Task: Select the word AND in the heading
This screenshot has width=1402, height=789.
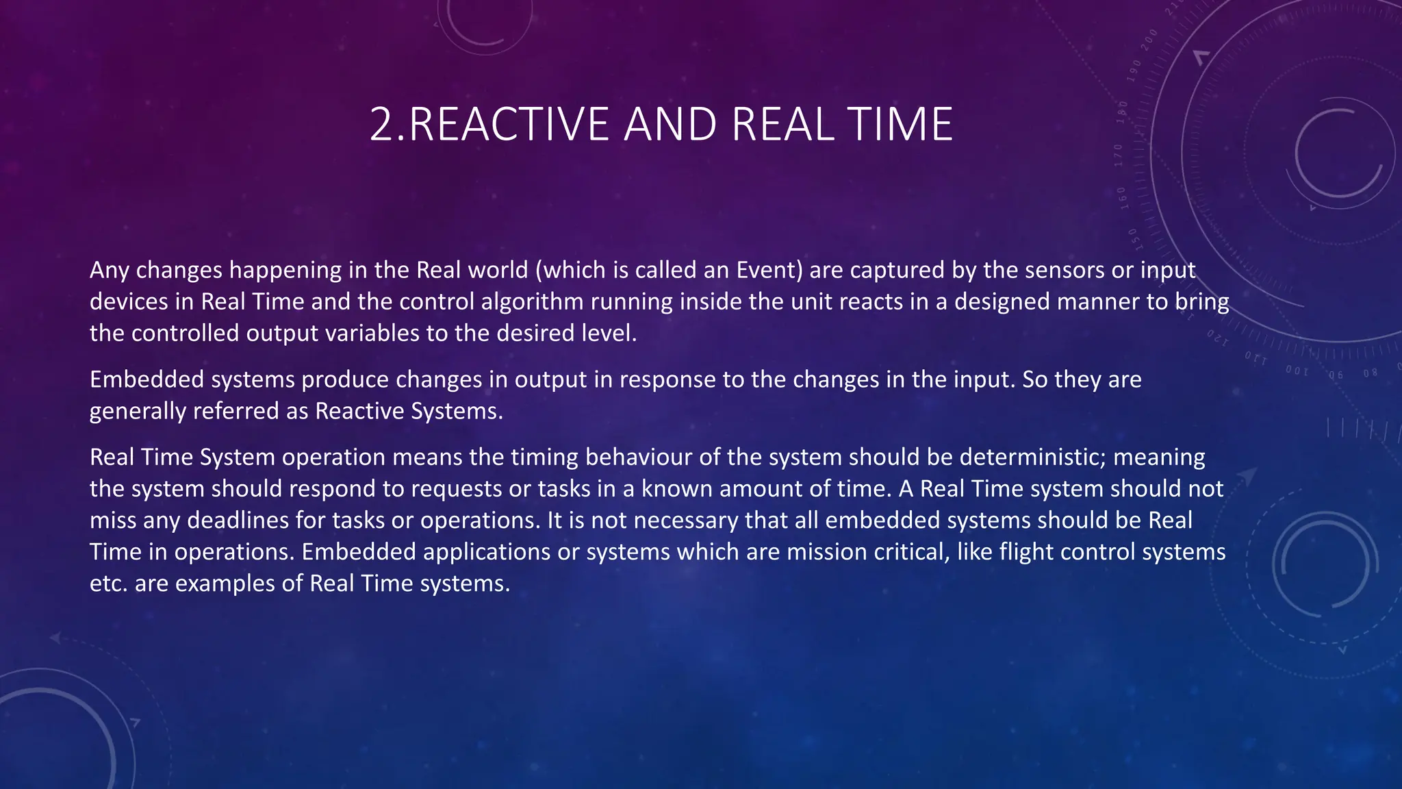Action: (670, 125)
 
